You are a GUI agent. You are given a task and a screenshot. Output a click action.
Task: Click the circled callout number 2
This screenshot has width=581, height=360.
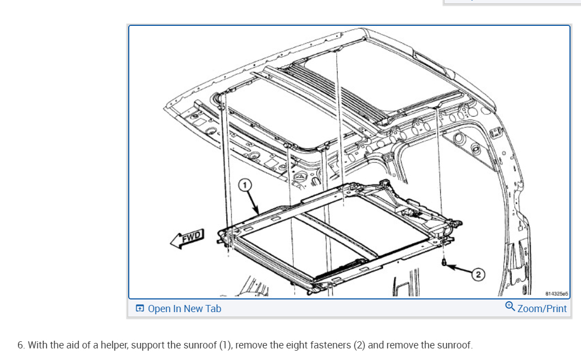(478, 274)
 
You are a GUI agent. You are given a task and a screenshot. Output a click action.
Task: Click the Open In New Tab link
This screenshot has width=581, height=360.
(184, 309)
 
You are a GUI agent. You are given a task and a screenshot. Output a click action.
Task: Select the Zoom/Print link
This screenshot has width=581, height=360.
(541, 309)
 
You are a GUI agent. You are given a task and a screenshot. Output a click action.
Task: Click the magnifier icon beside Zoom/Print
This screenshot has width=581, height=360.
(510, 308)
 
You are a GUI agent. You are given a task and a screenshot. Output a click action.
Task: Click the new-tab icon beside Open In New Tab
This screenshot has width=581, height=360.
(140, 309)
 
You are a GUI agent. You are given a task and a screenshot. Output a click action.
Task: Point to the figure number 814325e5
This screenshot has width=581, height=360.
(555, 294)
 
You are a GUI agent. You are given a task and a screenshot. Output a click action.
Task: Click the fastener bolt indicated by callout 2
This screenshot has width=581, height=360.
(443, 263)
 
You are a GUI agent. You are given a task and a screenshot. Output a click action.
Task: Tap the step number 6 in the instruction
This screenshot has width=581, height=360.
(20, 345)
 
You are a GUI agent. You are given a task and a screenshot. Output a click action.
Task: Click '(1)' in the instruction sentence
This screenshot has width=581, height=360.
(224, 345)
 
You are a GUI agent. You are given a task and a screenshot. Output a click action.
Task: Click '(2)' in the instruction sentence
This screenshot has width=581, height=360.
(358, 345)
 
